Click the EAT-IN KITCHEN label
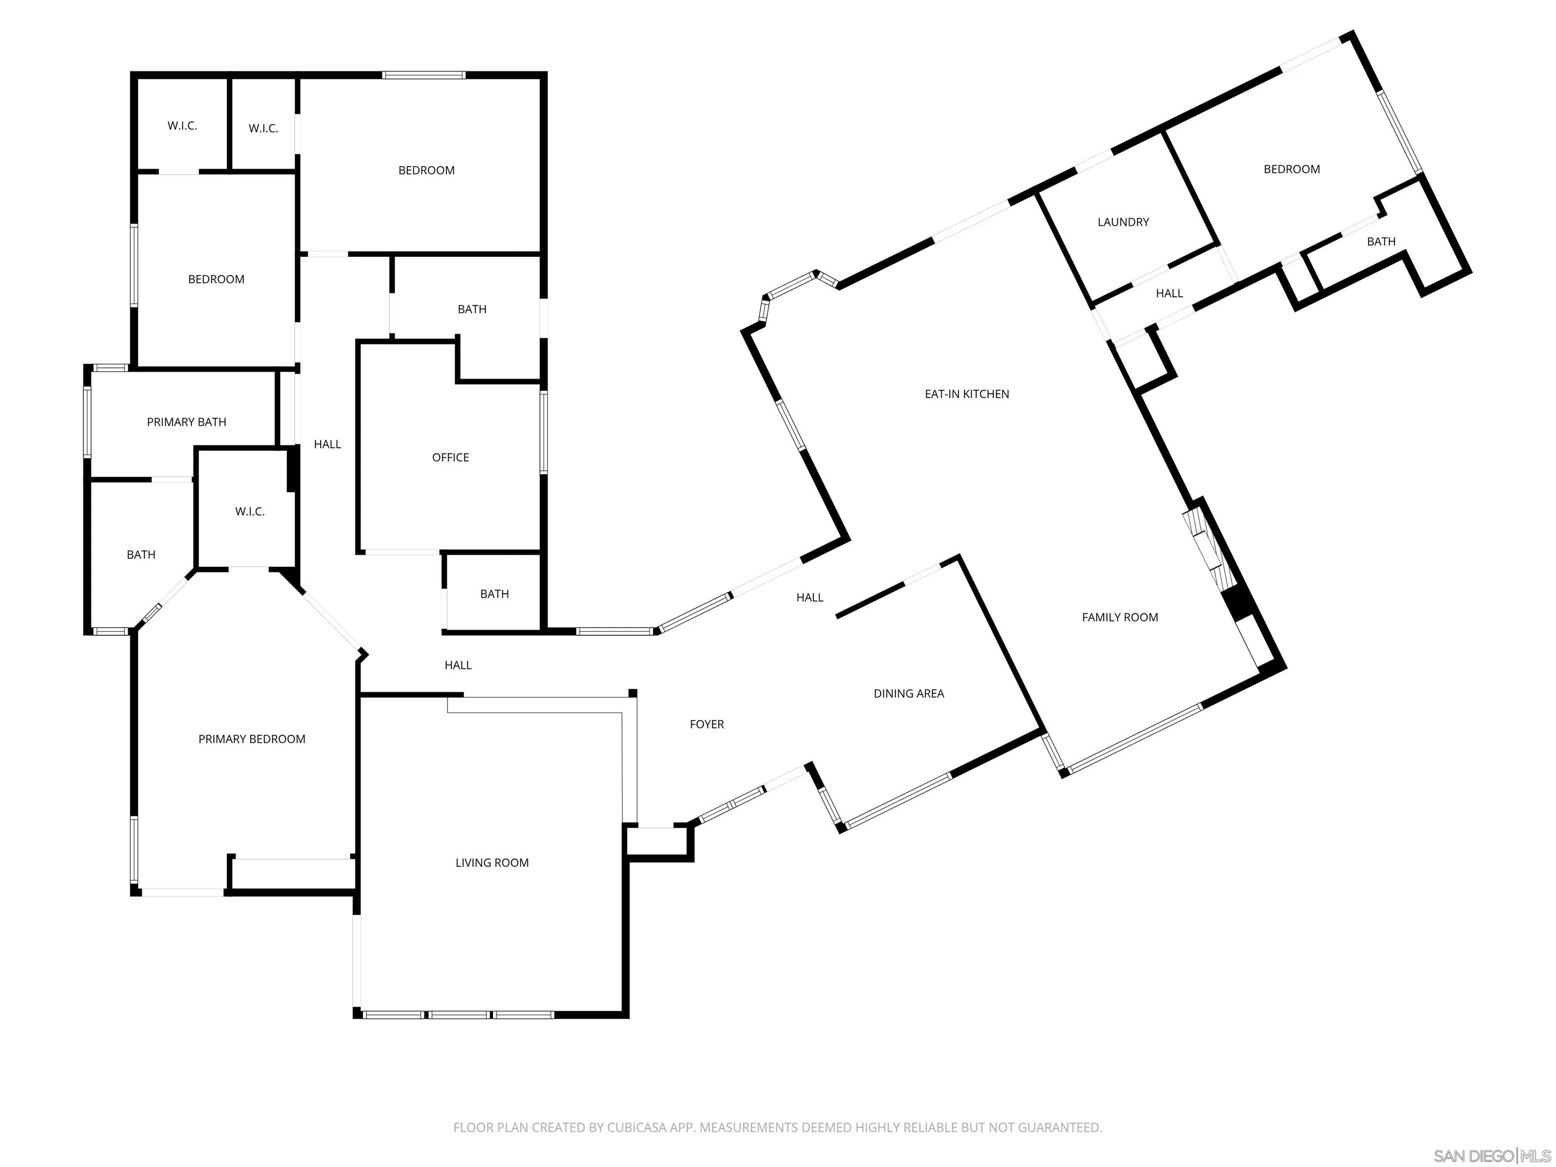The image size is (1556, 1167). [966, 394]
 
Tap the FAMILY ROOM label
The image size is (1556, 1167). [1119, 617]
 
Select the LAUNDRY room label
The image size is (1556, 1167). [1123, 221]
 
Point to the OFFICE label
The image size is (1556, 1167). [450, 457]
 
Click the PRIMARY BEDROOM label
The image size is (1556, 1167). [252, 738]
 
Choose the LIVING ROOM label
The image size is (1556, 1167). [492, 863]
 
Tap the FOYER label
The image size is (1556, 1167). [706, 724]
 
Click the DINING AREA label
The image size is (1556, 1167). [908, 693]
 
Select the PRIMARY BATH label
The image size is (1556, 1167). [186, 422]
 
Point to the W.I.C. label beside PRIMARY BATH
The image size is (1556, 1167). [250, 512]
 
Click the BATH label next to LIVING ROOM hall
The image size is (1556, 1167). [494, 594]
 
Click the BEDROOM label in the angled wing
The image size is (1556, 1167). [1292, 169]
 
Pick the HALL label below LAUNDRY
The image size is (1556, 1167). [1169, 293]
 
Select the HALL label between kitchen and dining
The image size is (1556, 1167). [809, 597]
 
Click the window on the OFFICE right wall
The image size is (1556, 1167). [543, 432]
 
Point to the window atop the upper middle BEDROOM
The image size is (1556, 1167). [423, 74]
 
